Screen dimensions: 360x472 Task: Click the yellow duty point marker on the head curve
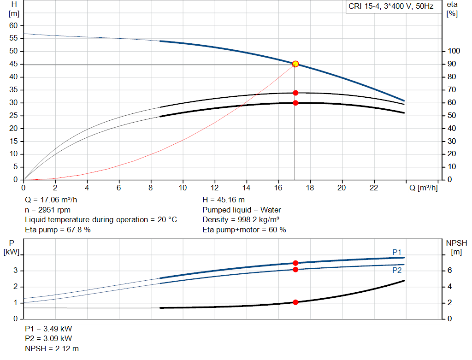click(295, 64)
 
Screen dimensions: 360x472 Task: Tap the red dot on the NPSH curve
click(295, 302)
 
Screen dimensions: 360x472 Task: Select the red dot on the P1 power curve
click(295, 263)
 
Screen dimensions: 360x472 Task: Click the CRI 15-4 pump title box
click(391, 7)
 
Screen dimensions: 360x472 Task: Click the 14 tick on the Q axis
click(246, 188)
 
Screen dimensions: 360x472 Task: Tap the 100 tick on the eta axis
click(454, 51)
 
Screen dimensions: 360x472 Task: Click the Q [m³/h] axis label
click(423, 188)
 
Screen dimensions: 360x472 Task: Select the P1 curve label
click(397, 252)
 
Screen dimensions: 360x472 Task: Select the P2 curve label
click(397, 271)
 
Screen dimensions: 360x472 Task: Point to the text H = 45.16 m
click(224, 200)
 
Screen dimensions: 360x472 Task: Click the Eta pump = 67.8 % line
click(58, 230)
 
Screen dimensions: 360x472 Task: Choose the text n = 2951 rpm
click(48, 210)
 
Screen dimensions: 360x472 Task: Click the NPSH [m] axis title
click(457, 247)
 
